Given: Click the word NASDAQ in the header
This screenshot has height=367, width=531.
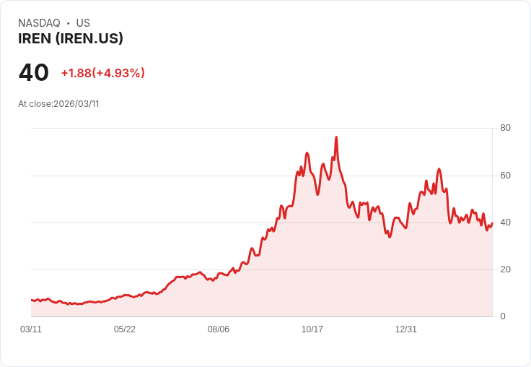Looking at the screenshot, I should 39,23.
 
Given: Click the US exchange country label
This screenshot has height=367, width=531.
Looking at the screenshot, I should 83,23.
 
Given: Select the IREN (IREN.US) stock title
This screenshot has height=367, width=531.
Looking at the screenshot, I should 71,39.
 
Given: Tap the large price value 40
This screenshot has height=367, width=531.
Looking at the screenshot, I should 34,72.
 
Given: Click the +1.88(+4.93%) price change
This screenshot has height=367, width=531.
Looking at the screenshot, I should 102,73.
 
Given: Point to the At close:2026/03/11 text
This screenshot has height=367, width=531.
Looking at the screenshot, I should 58,103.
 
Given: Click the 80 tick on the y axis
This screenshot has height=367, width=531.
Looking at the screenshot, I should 505,128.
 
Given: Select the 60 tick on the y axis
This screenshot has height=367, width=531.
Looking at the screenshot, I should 505,176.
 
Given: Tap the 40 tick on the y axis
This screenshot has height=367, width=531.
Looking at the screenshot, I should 505,223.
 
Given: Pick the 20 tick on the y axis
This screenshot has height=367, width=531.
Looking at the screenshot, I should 505,269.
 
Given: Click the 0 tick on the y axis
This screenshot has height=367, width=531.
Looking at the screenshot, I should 503,316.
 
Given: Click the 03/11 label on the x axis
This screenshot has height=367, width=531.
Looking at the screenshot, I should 31,329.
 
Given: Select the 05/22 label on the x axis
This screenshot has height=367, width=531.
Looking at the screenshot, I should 125,329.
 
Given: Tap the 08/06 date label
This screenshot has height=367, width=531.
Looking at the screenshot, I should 219,329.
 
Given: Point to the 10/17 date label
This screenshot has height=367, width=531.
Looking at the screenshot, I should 312,329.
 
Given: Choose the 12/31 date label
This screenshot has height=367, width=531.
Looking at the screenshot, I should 406,329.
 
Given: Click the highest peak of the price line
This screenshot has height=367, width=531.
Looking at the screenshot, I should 336,137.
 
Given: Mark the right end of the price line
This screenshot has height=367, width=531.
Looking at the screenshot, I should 492,223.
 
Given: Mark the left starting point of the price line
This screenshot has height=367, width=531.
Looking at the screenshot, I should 31,300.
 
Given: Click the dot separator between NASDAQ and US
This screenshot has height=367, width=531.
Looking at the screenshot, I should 69,23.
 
